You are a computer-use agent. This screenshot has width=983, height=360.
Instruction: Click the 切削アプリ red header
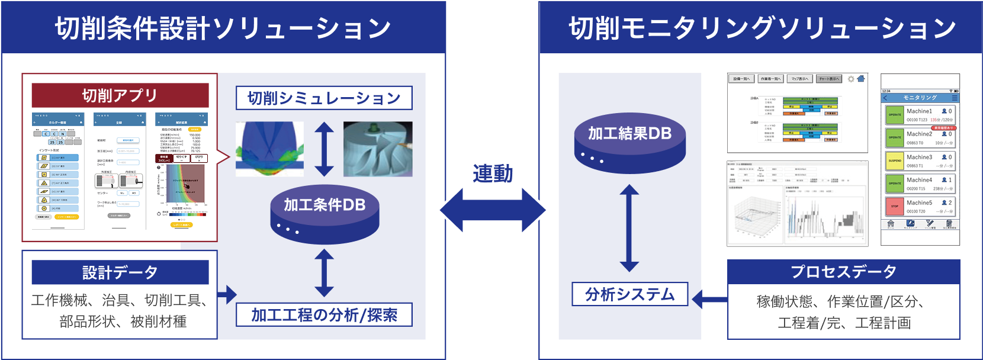tap(120, 95)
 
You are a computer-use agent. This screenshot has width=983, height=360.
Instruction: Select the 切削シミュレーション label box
tap(324, 98)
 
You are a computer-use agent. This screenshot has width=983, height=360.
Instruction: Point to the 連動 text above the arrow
tap(493, 173)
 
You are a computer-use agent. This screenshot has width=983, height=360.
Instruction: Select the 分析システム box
tap(629, 294)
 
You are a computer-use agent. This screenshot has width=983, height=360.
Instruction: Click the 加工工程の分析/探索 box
tap(324, 315)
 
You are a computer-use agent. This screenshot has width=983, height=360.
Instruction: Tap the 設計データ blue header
tap(120, 272)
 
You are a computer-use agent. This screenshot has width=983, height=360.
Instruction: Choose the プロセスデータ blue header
tap(843, 272)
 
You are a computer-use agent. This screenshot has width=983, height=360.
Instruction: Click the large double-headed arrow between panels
tap(493, 210)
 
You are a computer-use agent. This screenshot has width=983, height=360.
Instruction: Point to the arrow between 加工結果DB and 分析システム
tap(629, 228)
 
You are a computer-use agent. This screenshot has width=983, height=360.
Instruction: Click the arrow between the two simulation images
tap(324, 149)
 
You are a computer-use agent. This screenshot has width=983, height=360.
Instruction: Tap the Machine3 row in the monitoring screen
tap(920, 161)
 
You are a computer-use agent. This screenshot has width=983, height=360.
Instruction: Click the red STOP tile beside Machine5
tap(894, 207)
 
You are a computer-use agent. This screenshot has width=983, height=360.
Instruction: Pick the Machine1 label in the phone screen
tap(919, 111)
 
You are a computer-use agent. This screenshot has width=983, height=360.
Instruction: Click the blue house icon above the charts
tap(861, 79)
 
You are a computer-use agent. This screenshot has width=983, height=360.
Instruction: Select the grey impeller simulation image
tap(378, 149)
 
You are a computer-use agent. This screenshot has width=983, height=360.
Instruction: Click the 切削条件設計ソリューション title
tap(223, 28)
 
